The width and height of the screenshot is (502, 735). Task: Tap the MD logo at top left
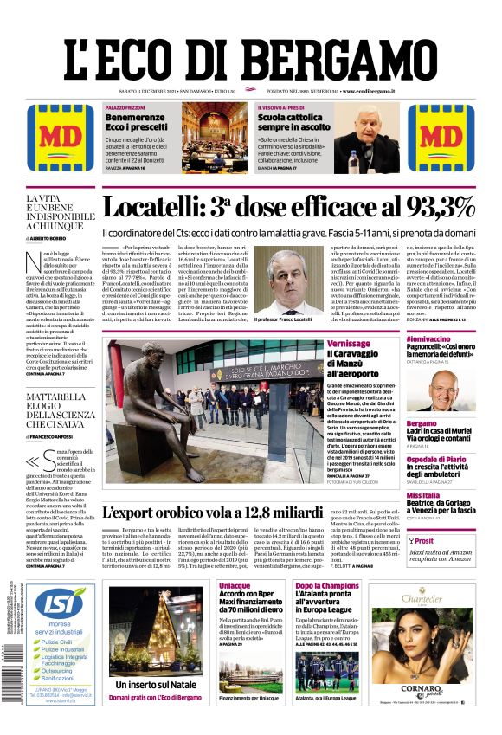(x=56, y=138)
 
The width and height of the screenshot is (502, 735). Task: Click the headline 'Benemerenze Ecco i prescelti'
(x=135, y=121)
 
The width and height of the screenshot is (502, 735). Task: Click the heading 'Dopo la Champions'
(x=327, y=586)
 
